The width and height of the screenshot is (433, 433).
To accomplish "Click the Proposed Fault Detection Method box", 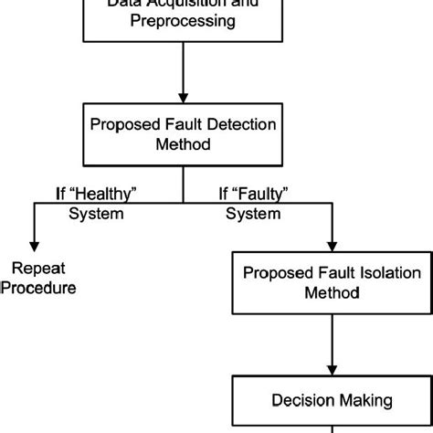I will point(183,133).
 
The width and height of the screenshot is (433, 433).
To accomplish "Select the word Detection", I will point(238,123).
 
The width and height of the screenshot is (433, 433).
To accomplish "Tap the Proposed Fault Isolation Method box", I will point(330,283).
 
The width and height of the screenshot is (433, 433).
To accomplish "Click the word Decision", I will point(302,399).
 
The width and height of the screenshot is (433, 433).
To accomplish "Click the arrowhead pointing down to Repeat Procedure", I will point(35,244).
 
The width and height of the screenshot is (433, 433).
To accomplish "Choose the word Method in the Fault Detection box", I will point(183,144).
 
